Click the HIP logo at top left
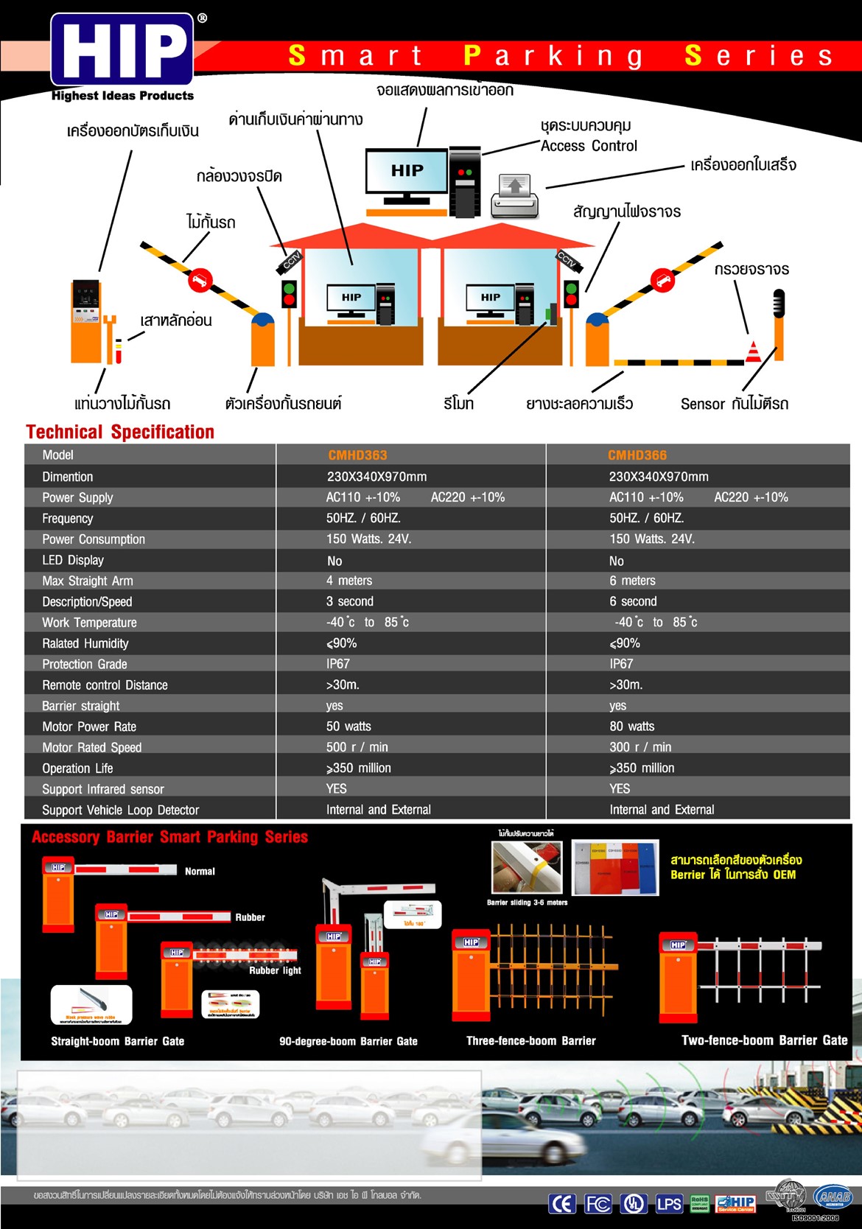[122, 50]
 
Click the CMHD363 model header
[357, 455]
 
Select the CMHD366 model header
[637, 455]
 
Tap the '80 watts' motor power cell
[631, 726]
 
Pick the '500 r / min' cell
[357, 747]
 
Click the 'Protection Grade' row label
[85, 664]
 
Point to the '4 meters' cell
[349, 581]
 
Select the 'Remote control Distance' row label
[105, 685]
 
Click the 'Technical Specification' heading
[120, 432]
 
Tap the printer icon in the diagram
[515, 195]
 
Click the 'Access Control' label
[589, 146]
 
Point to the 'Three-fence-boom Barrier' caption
[530, 1041]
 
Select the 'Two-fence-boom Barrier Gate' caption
[764, 1040]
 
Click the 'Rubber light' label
[275, 970]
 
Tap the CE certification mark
[562, 1203]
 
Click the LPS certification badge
[669, 1203]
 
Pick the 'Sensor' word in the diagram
[703, 404]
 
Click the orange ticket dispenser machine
[86, 321]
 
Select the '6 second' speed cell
[633, 601]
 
